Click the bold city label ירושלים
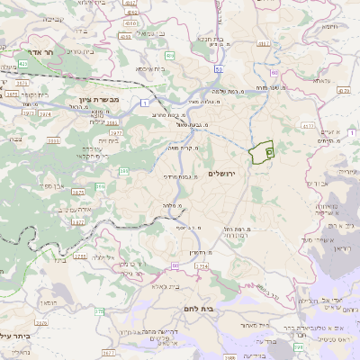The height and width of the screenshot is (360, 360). [x=220, y=173]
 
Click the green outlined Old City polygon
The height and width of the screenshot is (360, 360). [x=262, y=153]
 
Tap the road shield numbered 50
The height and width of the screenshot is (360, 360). [x=219, y=68]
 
